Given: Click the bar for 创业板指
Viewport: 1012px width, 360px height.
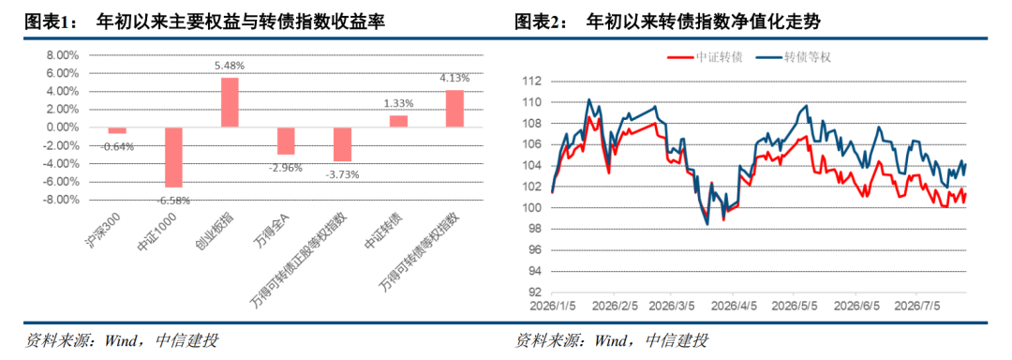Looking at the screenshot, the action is click(x=231, y=102).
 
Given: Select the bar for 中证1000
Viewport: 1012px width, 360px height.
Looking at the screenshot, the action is click(x=173, y=157).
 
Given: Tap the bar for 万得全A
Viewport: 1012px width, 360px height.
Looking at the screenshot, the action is click(x=286, y=141).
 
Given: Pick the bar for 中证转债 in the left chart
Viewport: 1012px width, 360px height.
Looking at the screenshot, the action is click(x=398, y=121).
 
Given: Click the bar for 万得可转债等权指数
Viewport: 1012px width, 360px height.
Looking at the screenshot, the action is click(x=454, y=109).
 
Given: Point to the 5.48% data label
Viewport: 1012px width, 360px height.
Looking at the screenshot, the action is click(x=231, y=66).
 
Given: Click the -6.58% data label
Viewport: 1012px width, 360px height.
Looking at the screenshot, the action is click(x=173, y=200).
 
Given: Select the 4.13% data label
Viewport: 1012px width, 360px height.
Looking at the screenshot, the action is click(x=454, y=78).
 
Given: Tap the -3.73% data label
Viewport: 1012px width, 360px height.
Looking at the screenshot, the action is click(x=342, y=174).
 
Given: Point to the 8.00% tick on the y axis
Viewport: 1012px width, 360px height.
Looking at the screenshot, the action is click(x=63, y=55).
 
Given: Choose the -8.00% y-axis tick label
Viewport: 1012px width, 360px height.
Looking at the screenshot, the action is click(x=61, y=200).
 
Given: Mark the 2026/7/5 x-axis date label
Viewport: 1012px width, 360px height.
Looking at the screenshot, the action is click(x=916, y=303).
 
